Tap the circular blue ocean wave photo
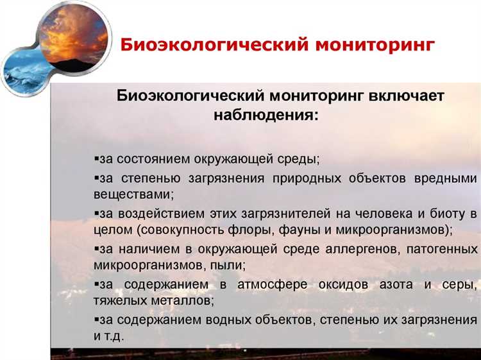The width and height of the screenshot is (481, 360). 22,73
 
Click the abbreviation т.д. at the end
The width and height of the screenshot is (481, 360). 114,335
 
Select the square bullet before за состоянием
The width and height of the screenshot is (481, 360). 96,158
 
